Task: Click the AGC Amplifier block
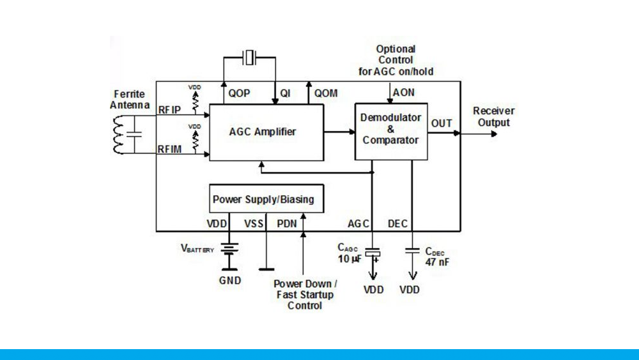(263, 132)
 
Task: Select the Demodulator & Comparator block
(390, 129)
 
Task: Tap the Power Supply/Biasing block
(263, 200)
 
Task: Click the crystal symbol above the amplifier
(249, 58)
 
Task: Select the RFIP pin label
(170, 110)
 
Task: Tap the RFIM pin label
(170, 149)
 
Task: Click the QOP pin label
(239, 93)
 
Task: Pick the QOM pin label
(326, 93)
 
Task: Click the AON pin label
(404, 93)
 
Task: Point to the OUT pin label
(442, 123)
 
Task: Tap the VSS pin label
(254, 224)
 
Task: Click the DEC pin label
(397, 224)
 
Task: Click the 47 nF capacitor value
(436, 262)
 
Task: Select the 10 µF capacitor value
(350, 259)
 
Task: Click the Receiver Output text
(494, 116)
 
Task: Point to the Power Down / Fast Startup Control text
(305, 295)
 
